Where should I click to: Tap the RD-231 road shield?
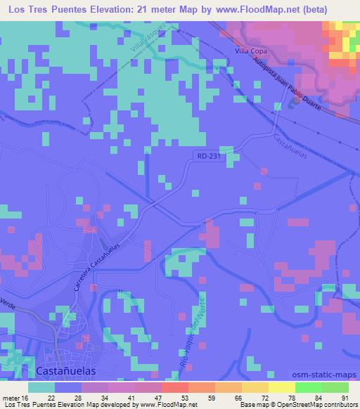(x=208, y=158)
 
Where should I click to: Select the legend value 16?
(x=25, y=398)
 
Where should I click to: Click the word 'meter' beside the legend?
(x=11, y=398)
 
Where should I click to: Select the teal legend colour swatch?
(x=41, y=387)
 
